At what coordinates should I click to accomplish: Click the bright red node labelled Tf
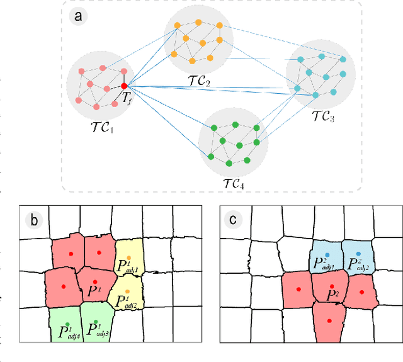tap(124, 86)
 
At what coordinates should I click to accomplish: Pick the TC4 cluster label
tap(234, 183)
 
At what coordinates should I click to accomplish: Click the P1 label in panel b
tap(94, 291)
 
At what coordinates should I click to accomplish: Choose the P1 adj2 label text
tap(128, 302)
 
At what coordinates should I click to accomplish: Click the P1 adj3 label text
tap(99, 329)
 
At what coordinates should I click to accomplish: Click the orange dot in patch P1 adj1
tap(128, 257)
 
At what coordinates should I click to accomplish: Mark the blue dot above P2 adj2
tap(358, 253)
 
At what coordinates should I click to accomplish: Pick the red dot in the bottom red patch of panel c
tap(329, 320)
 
